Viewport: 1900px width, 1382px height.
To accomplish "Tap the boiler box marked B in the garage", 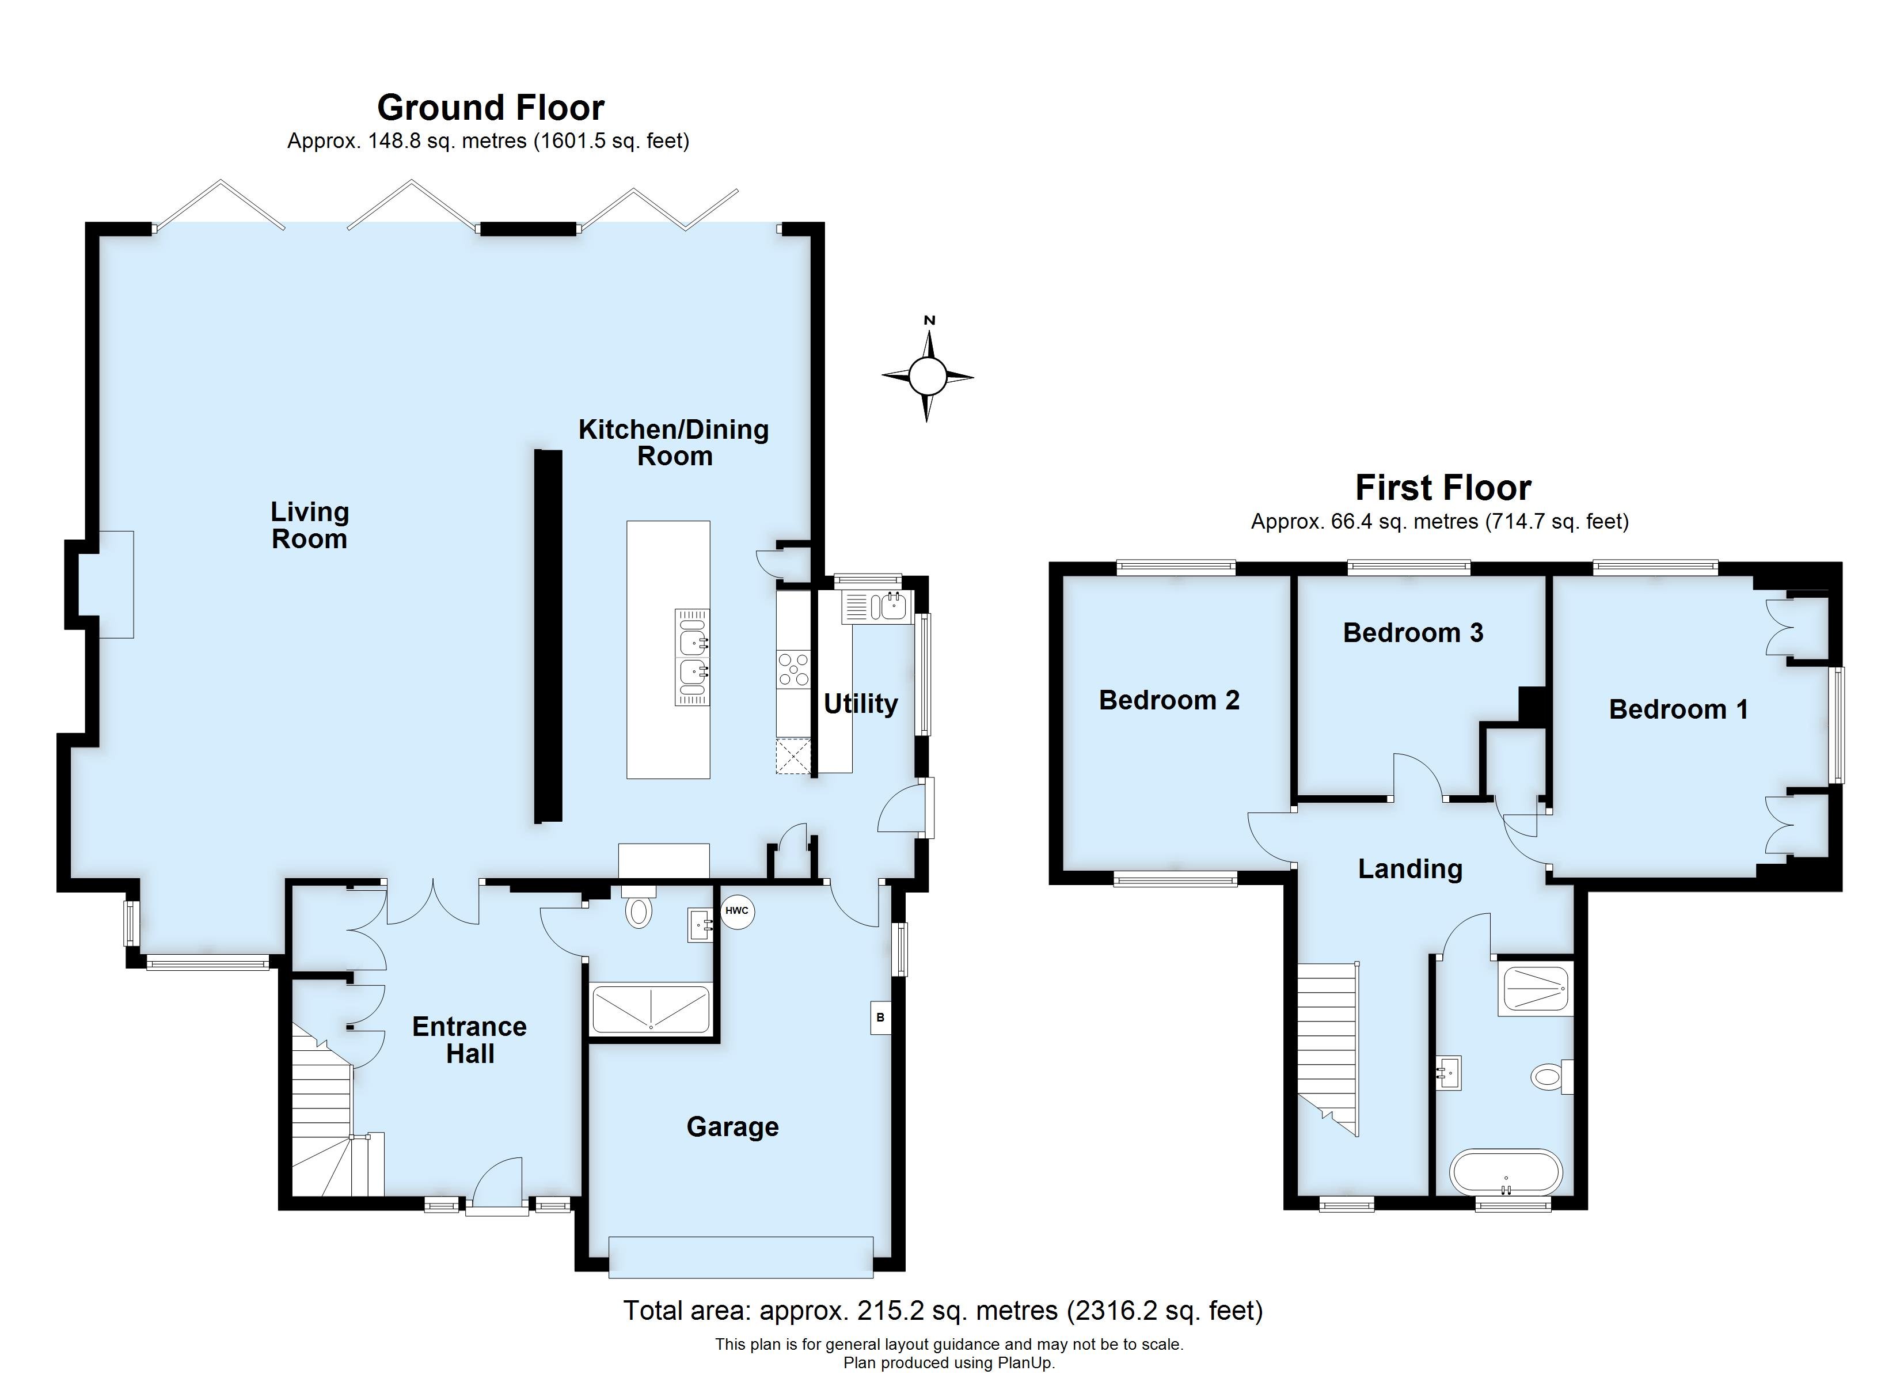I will tap(880, 1017).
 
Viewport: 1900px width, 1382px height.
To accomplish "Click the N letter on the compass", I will tap(929, 320).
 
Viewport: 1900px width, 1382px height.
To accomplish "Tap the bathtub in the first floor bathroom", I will tap(1506, 1172).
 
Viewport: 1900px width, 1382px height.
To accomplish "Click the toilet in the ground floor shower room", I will tap(639, 909).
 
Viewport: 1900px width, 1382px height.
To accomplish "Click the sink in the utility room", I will tap(876, 605).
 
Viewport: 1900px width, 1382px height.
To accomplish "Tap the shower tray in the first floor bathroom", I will tap(1535, 989).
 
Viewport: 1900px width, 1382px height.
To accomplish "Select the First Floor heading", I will tap(1443, 487).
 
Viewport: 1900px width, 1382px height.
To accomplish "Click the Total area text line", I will tap(943, 1311).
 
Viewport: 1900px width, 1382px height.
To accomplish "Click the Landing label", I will tap(1410, 868).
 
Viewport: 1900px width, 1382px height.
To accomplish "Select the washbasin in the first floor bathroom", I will tap(1449, 1072).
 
